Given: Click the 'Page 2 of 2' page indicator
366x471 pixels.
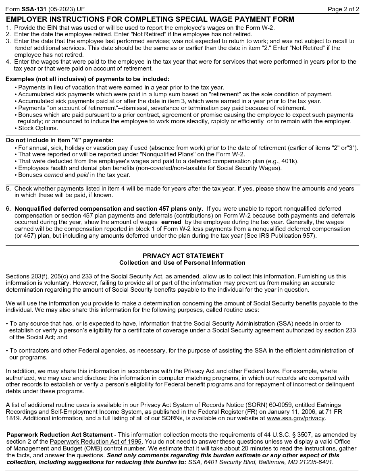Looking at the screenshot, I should (x=343, y=9).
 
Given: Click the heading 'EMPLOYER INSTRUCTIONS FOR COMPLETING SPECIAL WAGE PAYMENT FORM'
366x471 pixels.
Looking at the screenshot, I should (x=150, y=19).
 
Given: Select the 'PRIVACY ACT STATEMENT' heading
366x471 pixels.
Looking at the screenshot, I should (x=183, y=256).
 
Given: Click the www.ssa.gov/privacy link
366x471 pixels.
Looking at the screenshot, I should (x=295, y=418).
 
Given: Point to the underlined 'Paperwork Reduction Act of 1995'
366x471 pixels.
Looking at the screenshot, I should (x=96, y=442).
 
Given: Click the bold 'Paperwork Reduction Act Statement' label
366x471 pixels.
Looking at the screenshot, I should (x=61, y=435).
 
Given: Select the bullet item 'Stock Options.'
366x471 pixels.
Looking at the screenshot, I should (x=38, y=129).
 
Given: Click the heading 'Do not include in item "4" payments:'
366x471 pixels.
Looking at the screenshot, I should (x=60, y=140).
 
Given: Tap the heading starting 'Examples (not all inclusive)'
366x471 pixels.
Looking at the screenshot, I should (x=87, y=79).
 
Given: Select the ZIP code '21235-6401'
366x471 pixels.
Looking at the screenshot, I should (x=317, y=463).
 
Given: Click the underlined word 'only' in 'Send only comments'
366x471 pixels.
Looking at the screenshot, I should (x=129, y=456).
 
